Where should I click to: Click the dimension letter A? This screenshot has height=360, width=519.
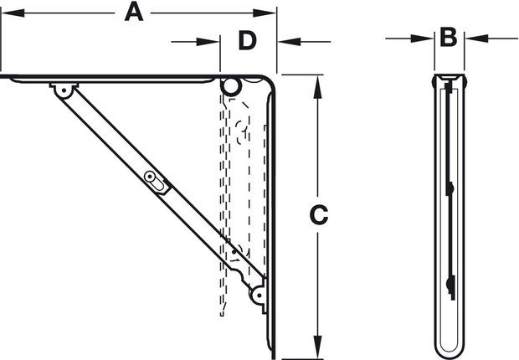click(134, 13)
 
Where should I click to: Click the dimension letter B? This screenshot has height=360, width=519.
click(449, 37)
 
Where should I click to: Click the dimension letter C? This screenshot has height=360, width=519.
click(318, 215)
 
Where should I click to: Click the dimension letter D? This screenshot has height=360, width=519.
click(248, 41)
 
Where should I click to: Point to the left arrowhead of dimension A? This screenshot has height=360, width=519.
click(13, 13)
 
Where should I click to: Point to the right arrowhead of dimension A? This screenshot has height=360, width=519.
click(265, 13)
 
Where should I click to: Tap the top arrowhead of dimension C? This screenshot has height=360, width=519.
click(318, 87)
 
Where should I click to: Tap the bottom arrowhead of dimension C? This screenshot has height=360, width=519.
click(318, 347)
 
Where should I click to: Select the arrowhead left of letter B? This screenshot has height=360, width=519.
click(422, 39)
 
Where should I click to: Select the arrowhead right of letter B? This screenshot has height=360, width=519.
click(476, 39)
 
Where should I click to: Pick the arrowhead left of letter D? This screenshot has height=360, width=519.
click(208, 42)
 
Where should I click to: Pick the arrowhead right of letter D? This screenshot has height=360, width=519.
click(290, 42)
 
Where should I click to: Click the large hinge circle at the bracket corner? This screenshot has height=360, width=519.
click(231, 86)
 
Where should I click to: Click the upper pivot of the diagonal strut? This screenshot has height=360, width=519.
click(64, 90)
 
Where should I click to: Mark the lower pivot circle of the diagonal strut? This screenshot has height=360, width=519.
click(259, 296)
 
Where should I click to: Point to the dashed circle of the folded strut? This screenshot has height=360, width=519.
click(240, 132)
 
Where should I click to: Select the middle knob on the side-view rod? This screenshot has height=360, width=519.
click(450, 188)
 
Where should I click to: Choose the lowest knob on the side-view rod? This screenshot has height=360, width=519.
click(450, 284)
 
